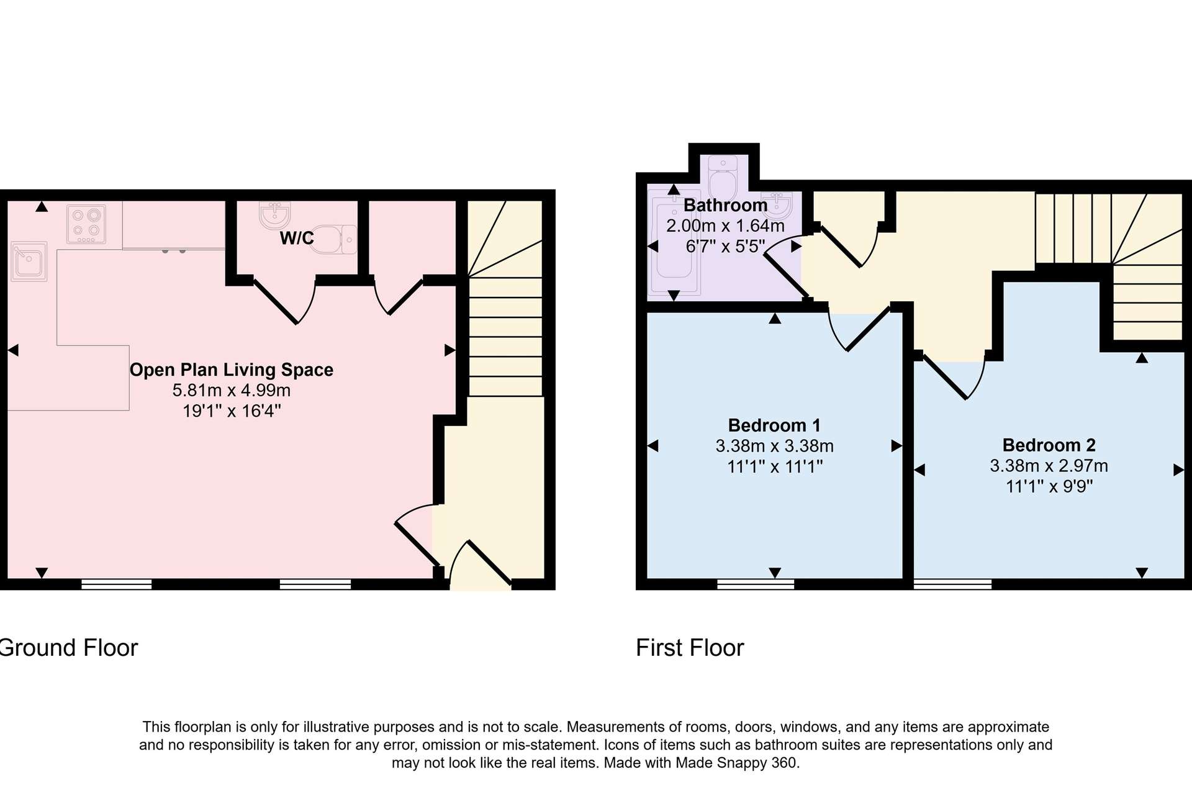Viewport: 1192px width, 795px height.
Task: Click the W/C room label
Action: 297,238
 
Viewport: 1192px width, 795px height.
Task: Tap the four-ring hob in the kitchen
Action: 86,224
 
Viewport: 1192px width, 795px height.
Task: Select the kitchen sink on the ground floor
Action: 29,261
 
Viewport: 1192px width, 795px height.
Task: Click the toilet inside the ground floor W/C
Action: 333,239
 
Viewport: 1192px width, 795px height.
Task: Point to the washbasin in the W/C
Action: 275,215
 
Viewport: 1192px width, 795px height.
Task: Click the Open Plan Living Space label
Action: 232,370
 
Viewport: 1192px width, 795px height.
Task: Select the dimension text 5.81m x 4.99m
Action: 232,390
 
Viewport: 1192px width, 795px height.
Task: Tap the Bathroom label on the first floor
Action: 725,205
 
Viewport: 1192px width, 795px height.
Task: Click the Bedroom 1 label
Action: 774,425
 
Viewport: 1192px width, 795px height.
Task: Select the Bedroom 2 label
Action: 1049,445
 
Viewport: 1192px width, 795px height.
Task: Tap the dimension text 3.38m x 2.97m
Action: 1049,466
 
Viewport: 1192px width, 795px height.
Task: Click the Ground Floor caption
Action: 68,648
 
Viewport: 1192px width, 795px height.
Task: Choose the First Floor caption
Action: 690,648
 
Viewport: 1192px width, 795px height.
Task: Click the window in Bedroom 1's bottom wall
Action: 756,584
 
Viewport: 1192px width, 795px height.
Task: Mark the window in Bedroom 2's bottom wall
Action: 952,584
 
